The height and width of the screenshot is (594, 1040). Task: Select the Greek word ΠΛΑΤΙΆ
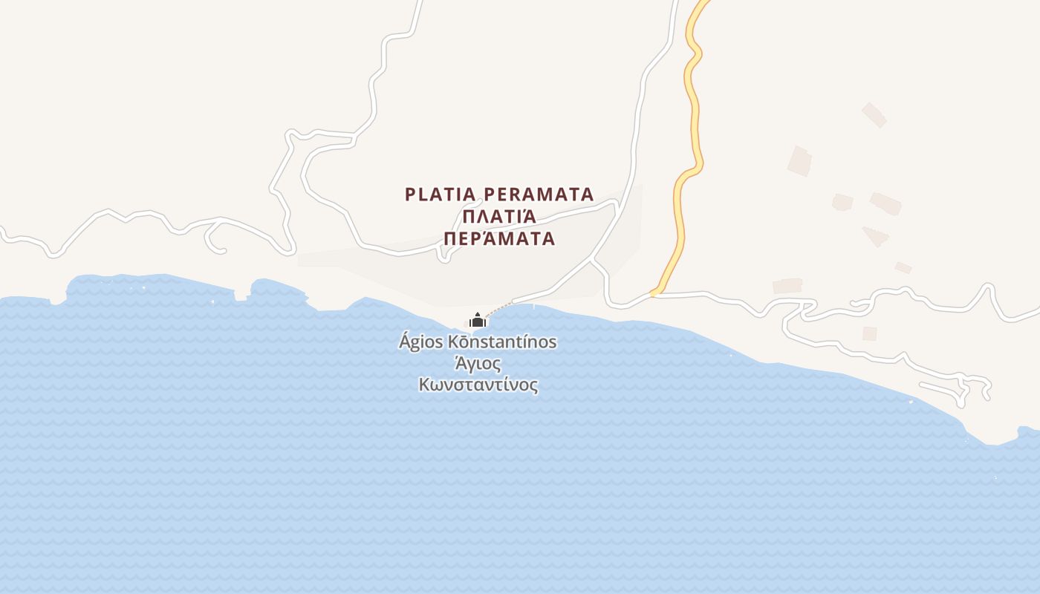499,217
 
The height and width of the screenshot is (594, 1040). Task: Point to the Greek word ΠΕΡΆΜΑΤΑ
499,238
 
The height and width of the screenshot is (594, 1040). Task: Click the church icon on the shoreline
478,320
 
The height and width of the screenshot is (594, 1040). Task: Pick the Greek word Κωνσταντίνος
478,385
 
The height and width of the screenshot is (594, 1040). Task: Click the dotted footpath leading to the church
500,309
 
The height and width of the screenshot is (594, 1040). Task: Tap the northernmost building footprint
874,115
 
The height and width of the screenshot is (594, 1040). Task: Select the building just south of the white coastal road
869,333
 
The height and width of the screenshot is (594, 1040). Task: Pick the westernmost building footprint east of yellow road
787,286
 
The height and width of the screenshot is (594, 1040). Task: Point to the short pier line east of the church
533,305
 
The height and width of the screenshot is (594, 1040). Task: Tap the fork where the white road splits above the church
591,259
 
